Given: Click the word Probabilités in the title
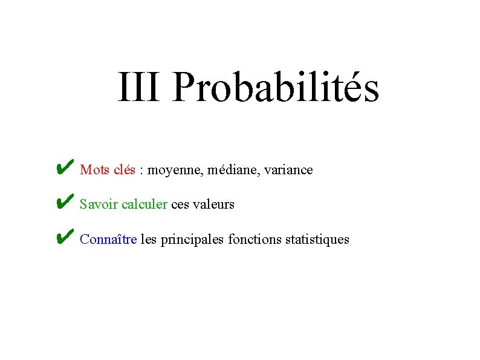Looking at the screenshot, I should [275, 88].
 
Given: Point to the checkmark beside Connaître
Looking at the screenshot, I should [64, 237].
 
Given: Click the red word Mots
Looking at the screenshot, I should [94, 170].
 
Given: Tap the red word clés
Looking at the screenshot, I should [124, 170].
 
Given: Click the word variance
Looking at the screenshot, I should [290, 170].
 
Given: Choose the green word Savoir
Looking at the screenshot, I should [99, 205].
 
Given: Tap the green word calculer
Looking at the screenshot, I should [144, 205].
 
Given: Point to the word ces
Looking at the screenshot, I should [180, 205].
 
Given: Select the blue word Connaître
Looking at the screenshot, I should [108, 240].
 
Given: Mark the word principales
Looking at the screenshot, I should [193, 240].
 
